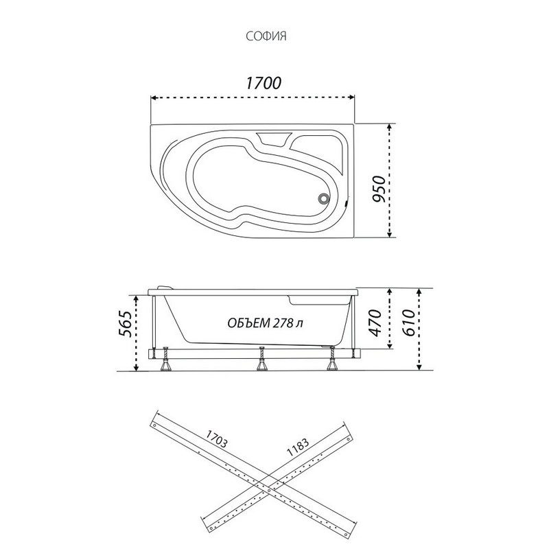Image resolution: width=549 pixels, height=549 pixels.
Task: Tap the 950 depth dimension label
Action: [379, 181]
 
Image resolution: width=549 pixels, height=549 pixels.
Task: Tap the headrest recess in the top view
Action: [274, 139]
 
